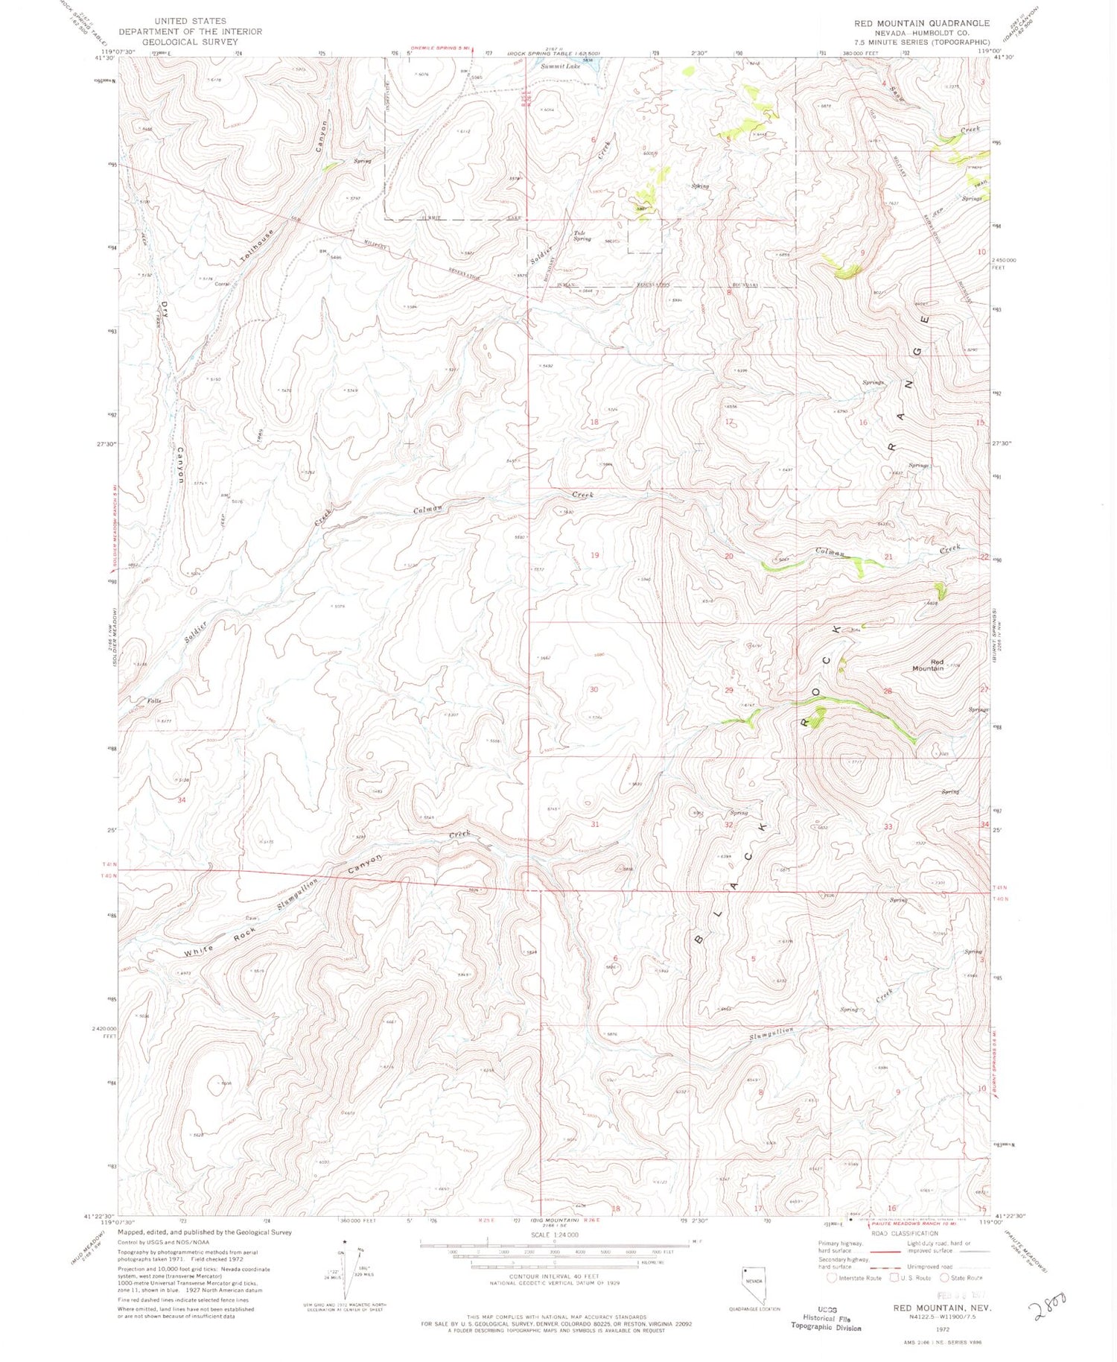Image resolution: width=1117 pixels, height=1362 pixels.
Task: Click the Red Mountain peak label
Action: [928, 665]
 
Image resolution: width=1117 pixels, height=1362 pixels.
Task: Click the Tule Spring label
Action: [582, 236]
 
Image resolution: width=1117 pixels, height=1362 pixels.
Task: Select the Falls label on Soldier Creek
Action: [154, 701]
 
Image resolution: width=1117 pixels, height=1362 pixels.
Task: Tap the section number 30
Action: [593, 689]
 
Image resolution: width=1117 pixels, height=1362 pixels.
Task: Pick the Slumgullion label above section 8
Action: [771, 1033]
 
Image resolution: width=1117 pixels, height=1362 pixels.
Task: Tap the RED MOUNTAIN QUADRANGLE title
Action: [922, 23]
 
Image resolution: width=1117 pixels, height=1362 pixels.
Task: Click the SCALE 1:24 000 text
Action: [555, 1235]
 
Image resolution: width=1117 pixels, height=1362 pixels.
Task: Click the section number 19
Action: [594, 555]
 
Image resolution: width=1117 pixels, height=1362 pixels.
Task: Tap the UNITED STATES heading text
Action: [190, 21]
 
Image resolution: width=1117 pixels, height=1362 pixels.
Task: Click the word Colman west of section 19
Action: [428, 510]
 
